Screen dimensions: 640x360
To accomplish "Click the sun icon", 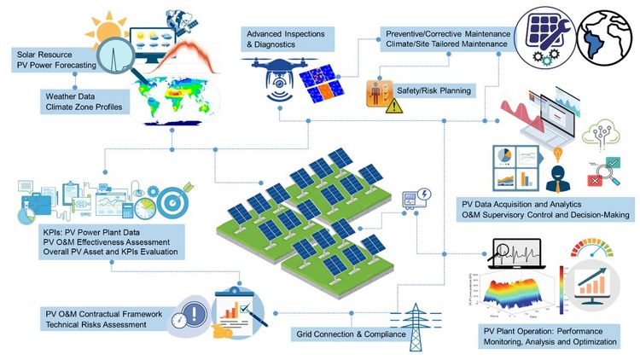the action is click(x=108, y=31).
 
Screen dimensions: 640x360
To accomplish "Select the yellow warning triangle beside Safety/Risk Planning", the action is click(x=394, y=106).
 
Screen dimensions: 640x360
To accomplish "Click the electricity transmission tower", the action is click(x=416, y=327).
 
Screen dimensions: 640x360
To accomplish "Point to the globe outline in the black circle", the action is click(x=603, y=38).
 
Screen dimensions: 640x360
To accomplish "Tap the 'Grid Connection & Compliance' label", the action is click(x=351, y=334).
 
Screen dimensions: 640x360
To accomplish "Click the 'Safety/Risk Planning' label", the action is click(x=433, y=90).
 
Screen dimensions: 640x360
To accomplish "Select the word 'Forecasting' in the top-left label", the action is click(x=76, y=65).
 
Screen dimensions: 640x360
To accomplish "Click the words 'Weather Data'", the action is click(x=70, y=96).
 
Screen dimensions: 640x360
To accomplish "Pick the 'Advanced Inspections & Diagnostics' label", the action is click(x=288, y=39).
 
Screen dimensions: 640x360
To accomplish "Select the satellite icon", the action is click(x=180, y=21).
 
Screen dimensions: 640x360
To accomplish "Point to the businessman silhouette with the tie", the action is click(x=558, y=179).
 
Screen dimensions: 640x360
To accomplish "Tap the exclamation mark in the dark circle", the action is click(x=195, y=314).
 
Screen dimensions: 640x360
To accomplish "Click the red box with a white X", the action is click(x=594, y=180).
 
